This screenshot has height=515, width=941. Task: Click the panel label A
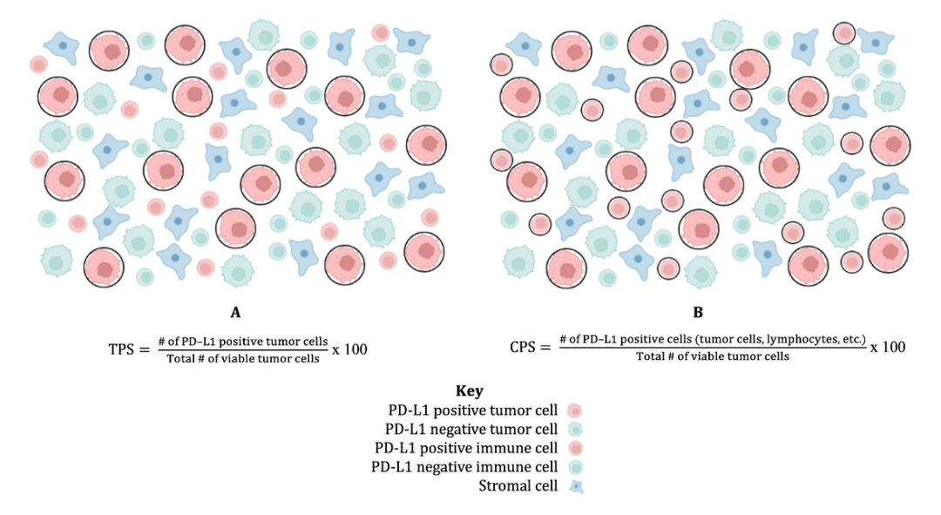[x=235, y=313]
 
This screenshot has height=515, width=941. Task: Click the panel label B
[x=698, y=313]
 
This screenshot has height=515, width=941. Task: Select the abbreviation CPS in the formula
[x=522, y=348]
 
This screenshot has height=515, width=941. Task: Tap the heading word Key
[x=470, y=391]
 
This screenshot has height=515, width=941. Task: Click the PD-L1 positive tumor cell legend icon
[x=574, y=410]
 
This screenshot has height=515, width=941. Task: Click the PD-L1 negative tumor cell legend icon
[x=575, y=429]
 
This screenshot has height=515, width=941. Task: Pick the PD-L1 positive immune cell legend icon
[x=575, y=449]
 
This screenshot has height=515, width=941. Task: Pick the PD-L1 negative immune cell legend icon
[x=575, y=467]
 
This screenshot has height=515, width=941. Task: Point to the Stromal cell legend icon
[x=576, y=486]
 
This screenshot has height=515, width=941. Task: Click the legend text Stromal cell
[x=518, y=486]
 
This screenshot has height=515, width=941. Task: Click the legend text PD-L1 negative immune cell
[x=464, y=467]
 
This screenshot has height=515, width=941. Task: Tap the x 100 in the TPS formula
[x=349, y=349]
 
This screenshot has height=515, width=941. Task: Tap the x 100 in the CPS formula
[x=888, y=347]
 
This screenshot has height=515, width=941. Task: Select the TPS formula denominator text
[x=243, y=359]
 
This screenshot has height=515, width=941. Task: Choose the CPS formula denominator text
[x=713, y=356]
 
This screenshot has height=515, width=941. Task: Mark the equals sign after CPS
[x=545, y=348]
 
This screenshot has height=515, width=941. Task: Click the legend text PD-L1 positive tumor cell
[x=473, y=410]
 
